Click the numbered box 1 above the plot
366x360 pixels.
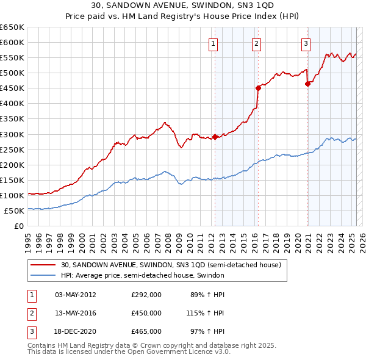213,43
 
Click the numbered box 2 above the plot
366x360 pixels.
257,43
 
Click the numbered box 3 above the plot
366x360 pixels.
306,43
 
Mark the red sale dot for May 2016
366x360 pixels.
258,88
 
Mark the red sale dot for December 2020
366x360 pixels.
307,84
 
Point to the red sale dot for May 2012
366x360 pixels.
215,137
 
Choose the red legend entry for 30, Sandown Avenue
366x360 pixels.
171,265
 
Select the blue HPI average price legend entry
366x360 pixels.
143,276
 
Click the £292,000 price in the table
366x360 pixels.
146,295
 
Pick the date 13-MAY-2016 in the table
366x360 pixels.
76,313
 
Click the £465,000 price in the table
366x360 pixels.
146,331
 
